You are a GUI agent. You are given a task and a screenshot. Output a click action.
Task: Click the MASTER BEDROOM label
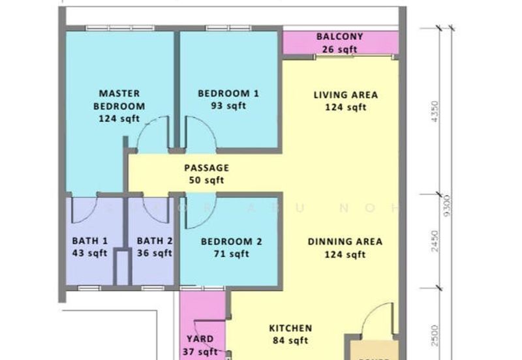(x=119, y=100)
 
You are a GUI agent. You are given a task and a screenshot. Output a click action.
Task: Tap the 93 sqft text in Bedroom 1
(x=228, y=106)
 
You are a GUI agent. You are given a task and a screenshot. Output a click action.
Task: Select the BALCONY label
(x=339, y=37)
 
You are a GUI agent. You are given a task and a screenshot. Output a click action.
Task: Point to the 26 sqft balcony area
(x=339, y=48)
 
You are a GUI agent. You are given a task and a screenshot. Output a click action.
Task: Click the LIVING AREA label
(x=345, y=95)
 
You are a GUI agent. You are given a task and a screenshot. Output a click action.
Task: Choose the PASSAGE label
(x=206, y=168)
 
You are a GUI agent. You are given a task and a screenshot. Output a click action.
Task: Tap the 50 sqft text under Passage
(x=206, y=181)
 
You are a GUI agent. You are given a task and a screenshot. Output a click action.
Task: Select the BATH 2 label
(x=155, y=241)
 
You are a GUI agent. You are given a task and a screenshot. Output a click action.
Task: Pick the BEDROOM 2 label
(x=231, y=241)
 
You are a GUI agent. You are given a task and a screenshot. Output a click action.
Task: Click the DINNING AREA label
(x=345, y=241)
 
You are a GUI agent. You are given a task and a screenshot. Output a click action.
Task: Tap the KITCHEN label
(x=290, y=328)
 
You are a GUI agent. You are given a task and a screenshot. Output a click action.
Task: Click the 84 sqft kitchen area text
(x=290, y=340)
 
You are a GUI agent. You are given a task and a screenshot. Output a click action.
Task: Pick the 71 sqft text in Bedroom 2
(x=231, y=254)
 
